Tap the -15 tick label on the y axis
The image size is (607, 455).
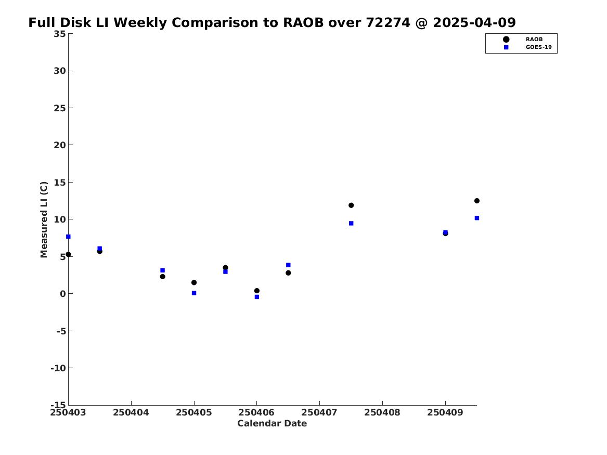click(x=58, y=405)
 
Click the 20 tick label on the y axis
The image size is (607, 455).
click(x=60, y=145)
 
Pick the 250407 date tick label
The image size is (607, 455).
click(x=319, y=412)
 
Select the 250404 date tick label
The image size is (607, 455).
click(x=131, y=412)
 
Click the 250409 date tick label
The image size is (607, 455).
click(x=445, y=412)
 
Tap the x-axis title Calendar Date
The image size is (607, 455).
click(x=272, y=423)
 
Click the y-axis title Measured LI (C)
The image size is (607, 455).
click(x=44, y=219)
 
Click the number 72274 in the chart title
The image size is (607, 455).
click(x=388, y=22)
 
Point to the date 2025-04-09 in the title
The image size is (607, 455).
click(x=474, y=22)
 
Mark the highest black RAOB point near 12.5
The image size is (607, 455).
click(x=477, y=201)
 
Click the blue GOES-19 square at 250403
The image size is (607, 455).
click(x=68, y=237)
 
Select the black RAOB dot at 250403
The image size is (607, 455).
click(x=68, y=254)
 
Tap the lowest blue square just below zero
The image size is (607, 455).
click(x=256, y=297)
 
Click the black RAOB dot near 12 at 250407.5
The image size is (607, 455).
click(x=351, y=205)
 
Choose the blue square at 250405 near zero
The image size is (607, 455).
click(x=194, y=293)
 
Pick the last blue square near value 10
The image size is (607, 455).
click(x=477, y=218)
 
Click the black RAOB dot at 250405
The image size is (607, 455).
click(x=194, y=282)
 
